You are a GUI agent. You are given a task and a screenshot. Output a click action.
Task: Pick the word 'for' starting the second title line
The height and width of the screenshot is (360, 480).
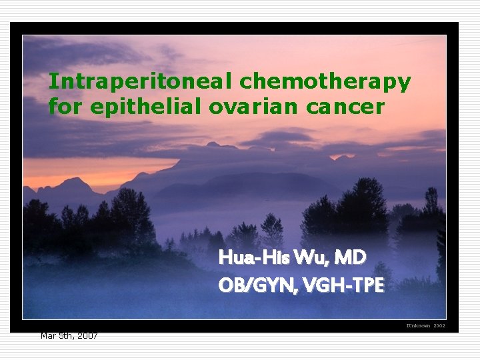tap(63, 106)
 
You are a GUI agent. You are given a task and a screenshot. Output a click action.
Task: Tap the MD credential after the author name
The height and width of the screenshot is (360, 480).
tap(351, 257)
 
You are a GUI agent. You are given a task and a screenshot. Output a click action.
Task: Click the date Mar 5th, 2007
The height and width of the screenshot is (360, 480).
tap(69, 335)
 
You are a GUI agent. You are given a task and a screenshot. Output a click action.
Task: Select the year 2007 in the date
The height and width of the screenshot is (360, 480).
tap(87, 335)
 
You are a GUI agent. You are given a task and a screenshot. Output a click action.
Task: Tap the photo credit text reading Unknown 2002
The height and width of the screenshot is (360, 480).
tap(425, 325)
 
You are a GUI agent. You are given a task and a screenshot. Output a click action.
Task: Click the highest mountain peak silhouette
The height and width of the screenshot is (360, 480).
tap(212, 145)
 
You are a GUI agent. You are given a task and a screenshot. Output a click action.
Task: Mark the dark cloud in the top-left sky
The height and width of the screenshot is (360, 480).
tap(73, 53)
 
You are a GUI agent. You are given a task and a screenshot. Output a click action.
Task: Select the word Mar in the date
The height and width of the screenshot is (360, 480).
tap(47, 335)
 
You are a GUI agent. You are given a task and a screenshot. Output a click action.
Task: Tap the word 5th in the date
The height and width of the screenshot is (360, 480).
tap(65, 335)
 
